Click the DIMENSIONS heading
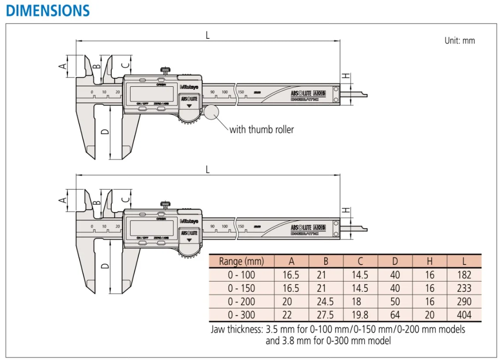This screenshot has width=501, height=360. (x=48, y=10)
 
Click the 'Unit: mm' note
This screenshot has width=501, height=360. (x=460, y=40)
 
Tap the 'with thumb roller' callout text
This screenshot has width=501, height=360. (x=261, y=129)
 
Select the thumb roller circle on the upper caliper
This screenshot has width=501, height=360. (x=211, y=112)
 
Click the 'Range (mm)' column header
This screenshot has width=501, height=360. (x=241, y=261)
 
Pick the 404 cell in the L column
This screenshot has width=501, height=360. (x=464, y=315)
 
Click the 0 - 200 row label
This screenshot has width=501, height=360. (x=241, y=302)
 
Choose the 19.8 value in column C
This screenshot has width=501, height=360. (x=360, y=315)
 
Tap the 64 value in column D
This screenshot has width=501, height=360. (x=395, y=315)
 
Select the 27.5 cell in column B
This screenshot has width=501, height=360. (x=325, y=315)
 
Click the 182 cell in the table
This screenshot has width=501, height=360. (x=464, y=275)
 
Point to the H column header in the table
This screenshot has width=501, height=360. (x=429, y=261)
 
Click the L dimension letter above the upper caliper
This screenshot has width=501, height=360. (x=208, y=35)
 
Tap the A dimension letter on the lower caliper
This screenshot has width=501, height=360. (x=63, y=200)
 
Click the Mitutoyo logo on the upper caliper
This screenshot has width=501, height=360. (x=189, y=87)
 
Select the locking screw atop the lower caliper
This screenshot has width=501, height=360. (x=165, y=205)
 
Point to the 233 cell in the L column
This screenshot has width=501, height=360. (x=464, y=288)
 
